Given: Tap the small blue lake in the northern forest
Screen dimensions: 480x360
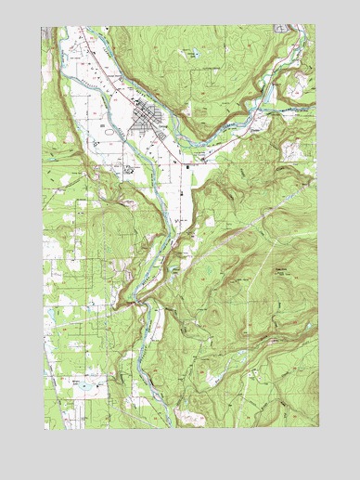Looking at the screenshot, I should pyautogui.click(x=191, y=53).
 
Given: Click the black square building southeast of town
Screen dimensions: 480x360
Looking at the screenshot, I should pyautogui.click(x=188, y=166).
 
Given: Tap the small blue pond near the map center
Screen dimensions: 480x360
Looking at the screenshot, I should pyautogui.click(x=175, y=270).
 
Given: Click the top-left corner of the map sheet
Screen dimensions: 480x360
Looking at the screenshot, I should pyautogui.click(x=43, y=26).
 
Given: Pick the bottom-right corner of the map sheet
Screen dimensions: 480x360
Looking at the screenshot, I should pyautogui.click(x=315, y=429).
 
